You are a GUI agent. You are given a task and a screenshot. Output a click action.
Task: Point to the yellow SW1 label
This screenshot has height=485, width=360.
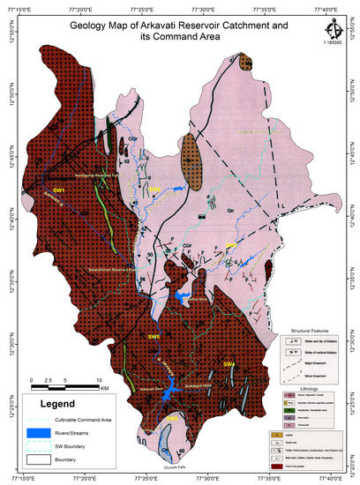point(34,190)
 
